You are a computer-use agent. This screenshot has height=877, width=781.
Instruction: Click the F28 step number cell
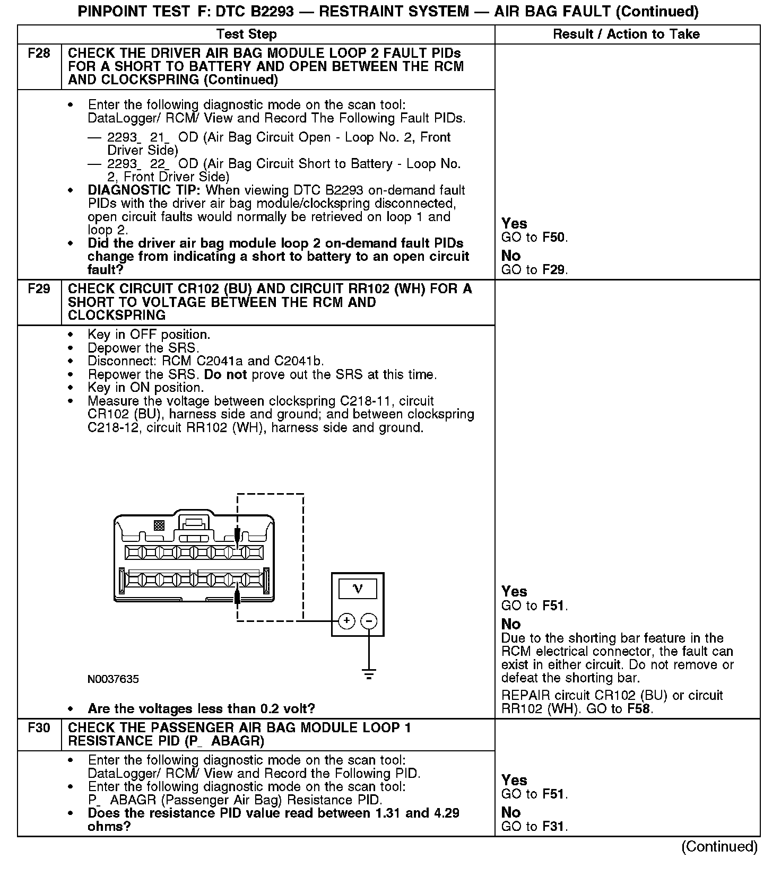[x=39, y=54]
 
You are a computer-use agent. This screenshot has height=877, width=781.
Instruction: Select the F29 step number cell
[x=39, y=290]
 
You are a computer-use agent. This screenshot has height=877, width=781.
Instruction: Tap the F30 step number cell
[x=39, y=728]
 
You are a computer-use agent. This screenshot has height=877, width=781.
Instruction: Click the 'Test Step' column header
[x=247, y=34]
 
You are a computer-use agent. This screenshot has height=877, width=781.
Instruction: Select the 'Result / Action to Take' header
[x=626, y=34]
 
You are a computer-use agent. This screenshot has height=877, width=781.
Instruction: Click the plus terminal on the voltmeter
[x=346, y=620]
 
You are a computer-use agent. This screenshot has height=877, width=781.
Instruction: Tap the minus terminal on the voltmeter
[x=369, y=620]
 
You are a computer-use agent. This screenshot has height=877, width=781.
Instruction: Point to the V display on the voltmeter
[x=358, y=589]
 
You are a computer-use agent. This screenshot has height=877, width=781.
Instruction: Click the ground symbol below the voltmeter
[x=369, y=675]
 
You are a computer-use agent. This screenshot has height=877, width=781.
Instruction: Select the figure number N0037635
[x=114, y=679]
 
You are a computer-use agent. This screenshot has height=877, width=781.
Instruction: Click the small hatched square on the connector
[x=159, y=525]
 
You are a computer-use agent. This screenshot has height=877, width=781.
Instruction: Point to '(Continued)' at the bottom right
[x=719, y=847]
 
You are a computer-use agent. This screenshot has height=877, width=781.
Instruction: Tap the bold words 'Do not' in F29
[x=225, y=375]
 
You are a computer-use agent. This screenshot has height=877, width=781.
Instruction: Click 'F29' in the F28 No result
[x=554, y=270]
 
